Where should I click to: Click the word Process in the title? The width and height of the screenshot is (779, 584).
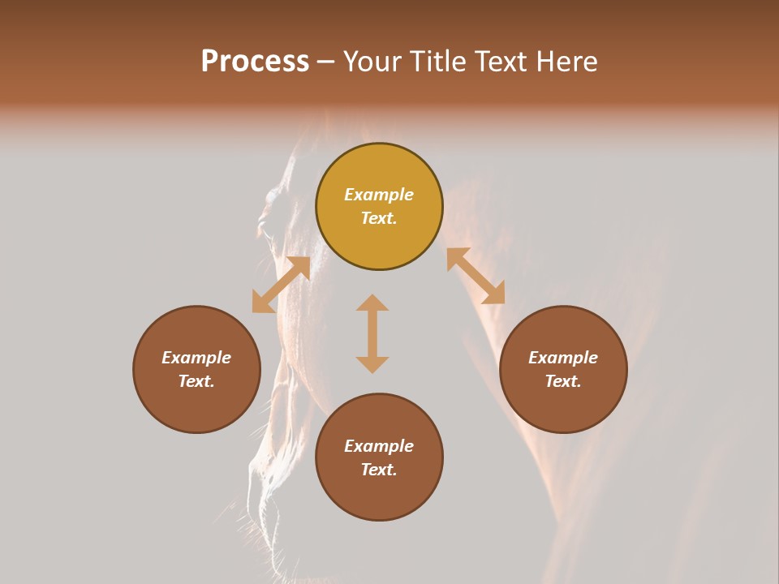tap(255, 62)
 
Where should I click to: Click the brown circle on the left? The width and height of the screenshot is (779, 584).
tap(196, 369)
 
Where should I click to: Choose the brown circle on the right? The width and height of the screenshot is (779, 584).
tap(563, 369)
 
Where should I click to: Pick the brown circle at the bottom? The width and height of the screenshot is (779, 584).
tap(379, 457)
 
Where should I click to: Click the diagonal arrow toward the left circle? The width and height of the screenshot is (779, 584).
tap(281, 285)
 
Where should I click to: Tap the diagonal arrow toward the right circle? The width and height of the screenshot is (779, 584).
tap(476, 276)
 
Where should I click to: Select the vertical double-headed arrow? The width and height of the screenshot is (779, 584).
tap(372, 333)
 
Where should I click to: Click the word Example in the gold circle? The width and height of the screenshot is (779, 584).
tap(379, 195)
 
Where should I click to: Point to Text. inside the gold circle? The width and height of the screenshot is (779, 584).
tap(379, 218)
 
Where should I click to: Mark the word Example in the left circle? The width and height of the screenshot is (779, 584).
tap(196, 358)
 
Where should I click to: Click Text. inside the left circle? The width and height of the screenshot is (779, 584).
tap(196, 381)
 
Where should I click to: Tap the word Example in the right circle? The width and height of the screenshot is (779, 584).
tap(563, 358)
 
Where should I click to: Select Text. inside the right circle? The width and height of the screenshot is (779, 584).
tap(563, 381)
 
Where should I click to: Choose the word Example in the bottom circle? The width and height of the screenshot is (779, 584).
tap(379, 446)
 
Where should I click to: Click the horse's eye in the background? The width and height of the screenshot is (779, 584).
tap(274, 197)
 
